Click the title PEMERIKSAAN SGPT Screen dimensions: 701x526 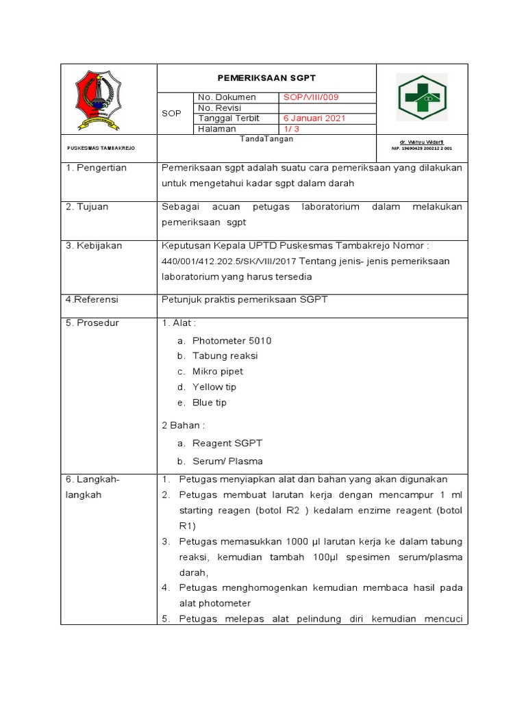pos(267,78)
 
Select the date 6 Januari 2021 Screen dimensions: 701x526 pos(314,118)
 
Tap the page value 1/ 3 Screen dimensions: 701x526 pos(292,129)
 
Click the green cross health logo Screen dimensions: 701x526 pos(422,98)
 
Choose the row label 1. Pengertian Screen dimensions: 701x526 pos(97,168)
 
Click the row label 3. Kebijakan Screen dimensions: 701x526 pos(94,246)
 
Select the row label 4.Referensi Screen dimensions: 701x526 pos(92,300)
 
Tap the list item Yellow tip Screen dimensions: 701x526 pos(214,387)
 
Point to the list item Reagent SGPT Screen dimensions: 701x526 pos(227,444)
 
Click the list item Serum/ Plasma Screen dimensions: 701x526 pos(227,461)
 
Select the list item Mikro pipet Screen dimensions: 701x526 pos(217,372)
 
